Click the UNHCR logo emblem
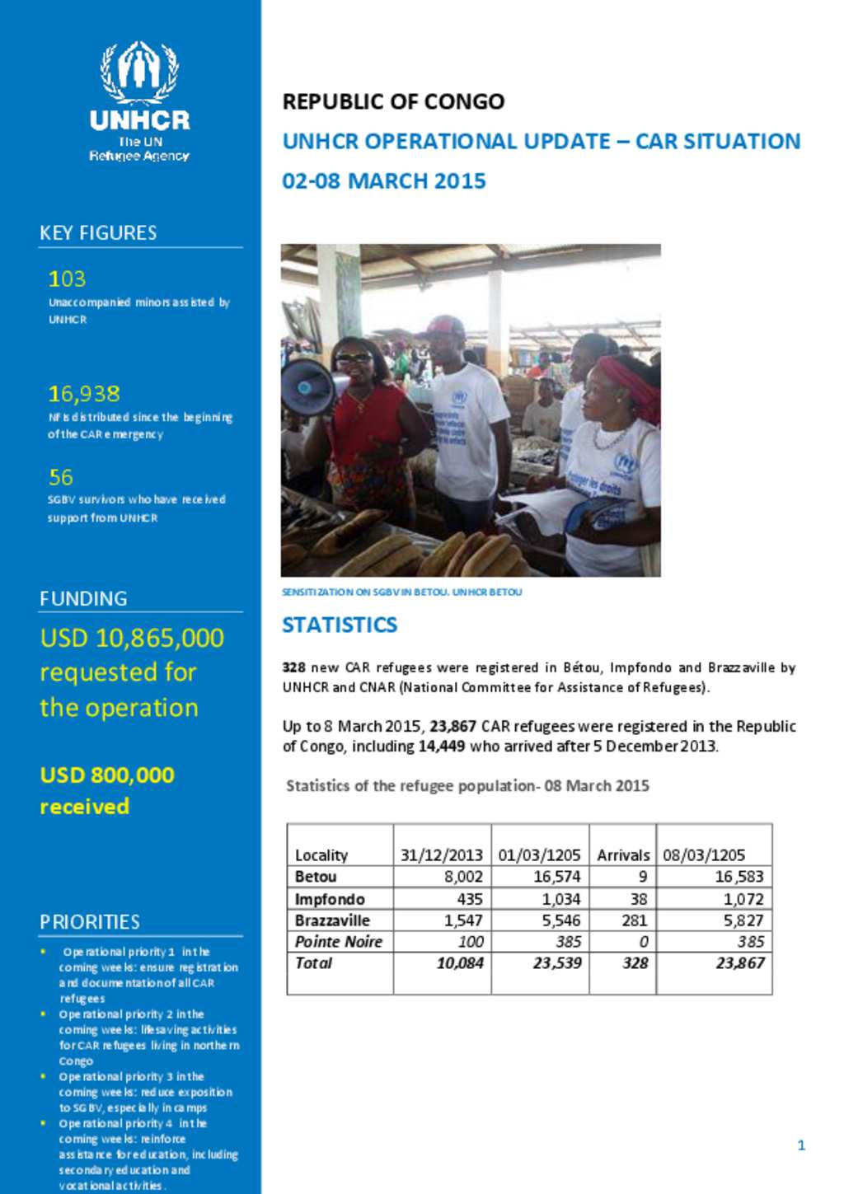pos(139,72)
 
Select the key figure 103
pos(67,279)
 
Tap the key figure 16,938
pos(84,394)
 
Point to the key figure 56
pos(61,477)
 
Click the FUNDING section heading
pos(83,598)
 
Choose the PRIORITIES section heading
pos(90,921)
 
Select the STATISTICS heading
pos(340,625)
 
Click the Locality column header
pos(321,855)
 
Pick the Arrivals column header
pos(623,855)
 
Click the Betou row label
pos(316,877)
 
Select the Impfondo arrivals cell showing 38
pos(638,899)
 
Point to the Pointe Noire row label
pos(339,942)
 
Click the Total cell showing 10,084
pos(460,963)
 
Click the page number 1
pos(801,1145)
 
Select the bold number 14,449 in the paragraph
pos(442,747)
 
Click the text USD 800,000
pos(107,775)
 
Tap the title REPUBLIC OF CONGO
pos(393,101)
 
